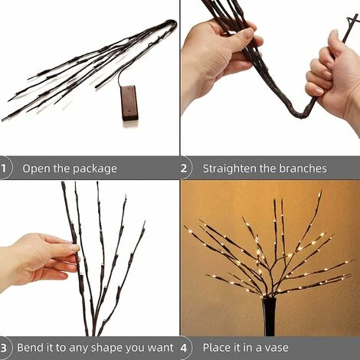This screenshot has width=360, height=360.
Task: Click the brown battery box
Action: coord(130,103)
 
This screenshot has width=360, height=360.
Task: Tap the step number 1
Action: coord(3,169)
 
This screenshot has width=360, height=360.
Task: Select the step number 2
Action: coord(184,169)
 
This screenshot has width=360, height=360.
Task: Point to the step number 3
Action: coord(3,348)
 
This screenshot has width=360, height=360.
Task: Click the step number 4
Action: coord(184,348)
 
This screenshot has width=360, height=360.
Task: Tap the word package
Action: coord(95,169)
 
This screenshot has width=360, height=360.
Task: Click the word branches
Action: coord(303,169)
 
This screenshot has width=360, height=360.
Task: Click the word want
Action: coord(160,348)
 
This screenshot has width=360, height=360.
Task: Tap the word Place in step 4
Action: coord(217,348)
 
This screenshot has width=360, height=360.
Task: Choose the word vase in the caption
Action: coord(277,349)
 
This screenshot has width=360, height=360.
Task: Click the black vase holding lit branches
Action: coord(270,316)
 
